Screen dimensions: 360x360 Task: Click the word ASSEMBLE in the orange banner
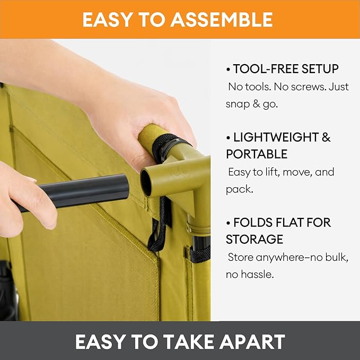[222, 20]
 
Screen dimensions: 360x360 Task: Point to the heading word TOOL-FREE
[266, 69]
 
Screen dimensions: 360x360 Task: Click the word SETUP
[320, 69]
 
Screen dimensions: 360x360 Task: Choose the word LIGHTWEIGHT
[276, 137]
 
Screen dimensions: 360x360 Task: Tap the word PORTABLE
[257, 154]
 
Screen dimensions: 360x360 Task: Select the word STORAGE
[254, 239]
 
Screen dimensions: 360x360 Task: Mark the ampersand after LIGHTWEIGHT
[326, 137]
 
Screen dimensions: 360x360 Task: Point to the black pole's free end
[126, 187]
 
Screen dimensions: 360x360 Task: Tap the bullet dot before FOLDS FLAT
[228, 223]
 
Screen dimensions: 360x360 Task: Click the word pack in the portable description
[239, 190]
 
